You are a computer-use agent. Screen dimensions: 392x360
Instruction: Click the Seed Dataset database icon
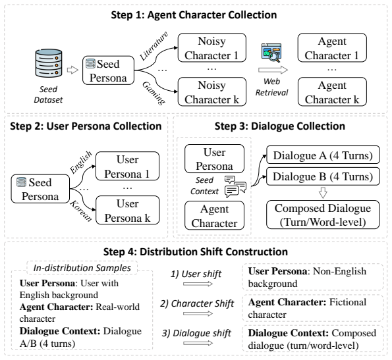click(x=49, y=63)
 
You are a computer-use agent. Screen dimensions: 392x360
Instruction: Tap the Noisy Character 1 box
click(x=211, y=47)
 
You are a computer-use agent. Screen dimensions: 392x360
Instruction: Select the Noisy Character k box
click(x=211, y=91)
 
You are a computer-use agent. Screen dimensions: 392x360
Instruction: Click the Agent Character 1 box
click(x=332, y=47)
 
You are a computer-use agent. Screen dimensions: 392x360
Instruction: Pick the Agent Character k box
click(x=332, y=91)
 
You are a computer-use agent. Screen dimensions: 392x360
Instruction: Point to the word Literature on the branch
click(x=154, y=46)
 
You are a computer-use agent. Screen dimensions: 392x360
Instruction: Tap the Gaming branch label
click(x=154, y=93)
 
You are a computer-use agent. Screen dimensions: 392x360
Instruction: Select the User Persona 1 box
click(x=128, y=166)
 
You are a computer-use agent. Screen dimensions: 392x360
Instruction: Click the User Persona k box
click(x=128, y=210)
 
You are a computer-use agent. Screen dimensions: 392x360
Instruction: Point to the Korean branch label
click(x=81, y=211)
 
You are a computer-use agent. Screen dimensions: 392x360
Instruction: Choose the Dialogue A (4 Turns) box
click(x=323, y=155)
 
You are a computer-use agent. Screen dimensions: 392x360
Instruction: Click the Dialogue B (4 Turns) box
click(x=323, y=176)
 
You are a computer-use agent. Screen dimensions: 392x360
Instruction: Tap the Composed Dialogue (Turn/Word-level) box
click(x=323, y=215)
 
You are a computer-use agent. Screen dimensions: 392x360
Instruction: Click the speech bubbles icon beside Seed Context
click(x=235, y=187)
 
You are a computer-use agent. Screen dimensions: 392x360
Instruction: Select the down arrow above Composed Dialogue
click(x=323, y=193)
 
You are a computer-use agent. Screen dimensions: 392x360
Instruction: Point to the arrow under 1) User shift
click(x=198, y=284)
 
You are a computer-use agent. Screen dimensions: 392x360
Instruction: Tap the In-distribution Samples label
click(x=82, y=268)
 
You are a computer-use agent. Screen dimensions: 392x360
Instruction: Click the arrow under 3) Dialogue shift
click(x=198, y=344)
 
